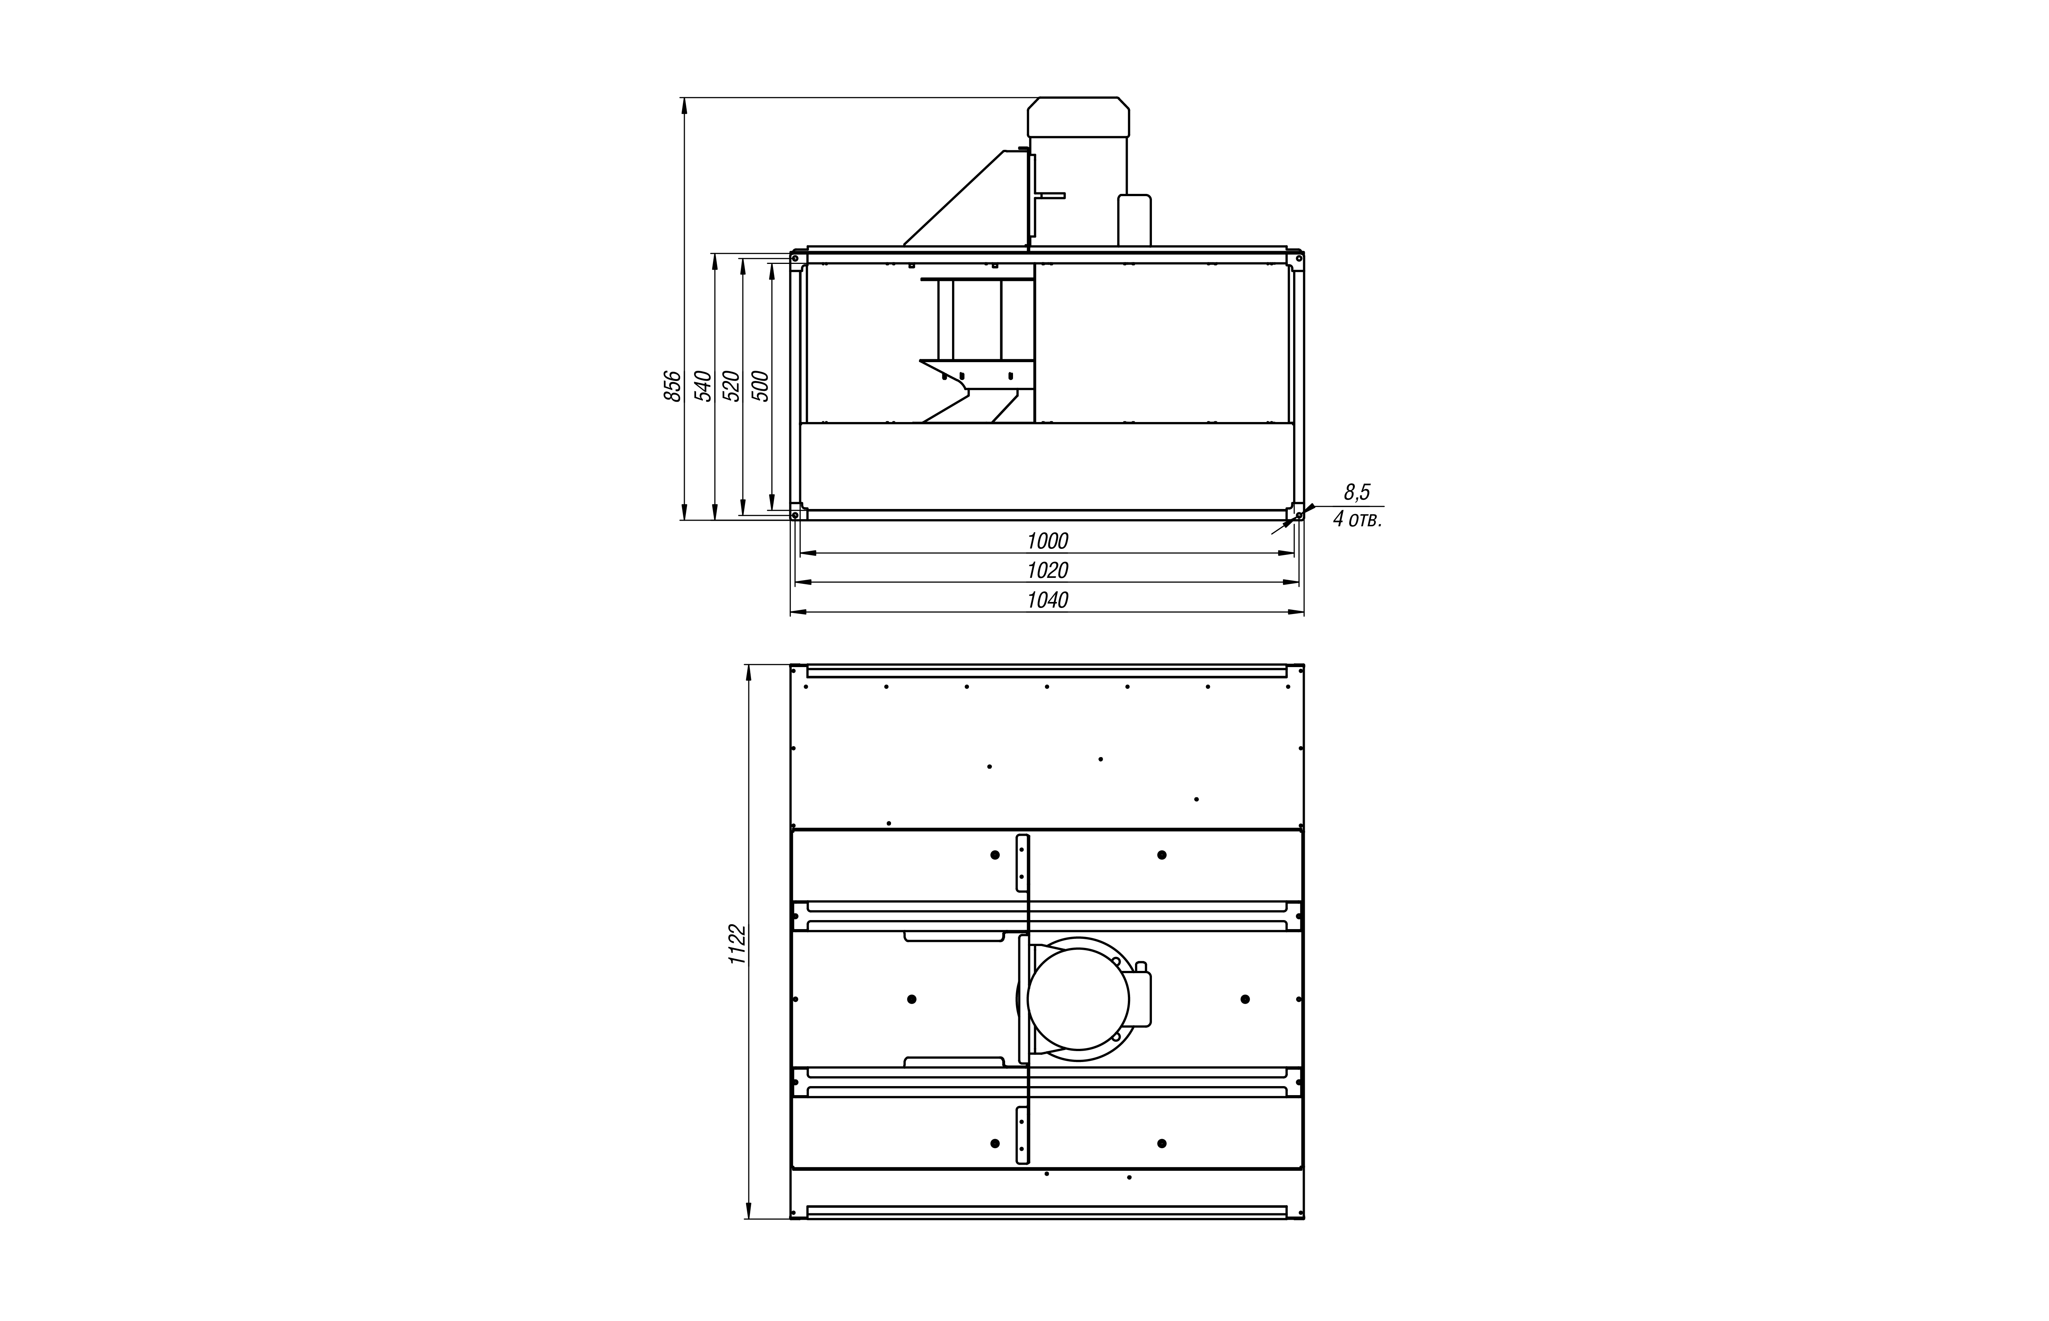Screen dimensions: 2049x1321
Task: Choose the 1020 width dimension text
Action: click(1047, 570)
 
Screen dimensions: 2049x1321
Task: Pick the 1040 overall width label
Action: click(1047, 600)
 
